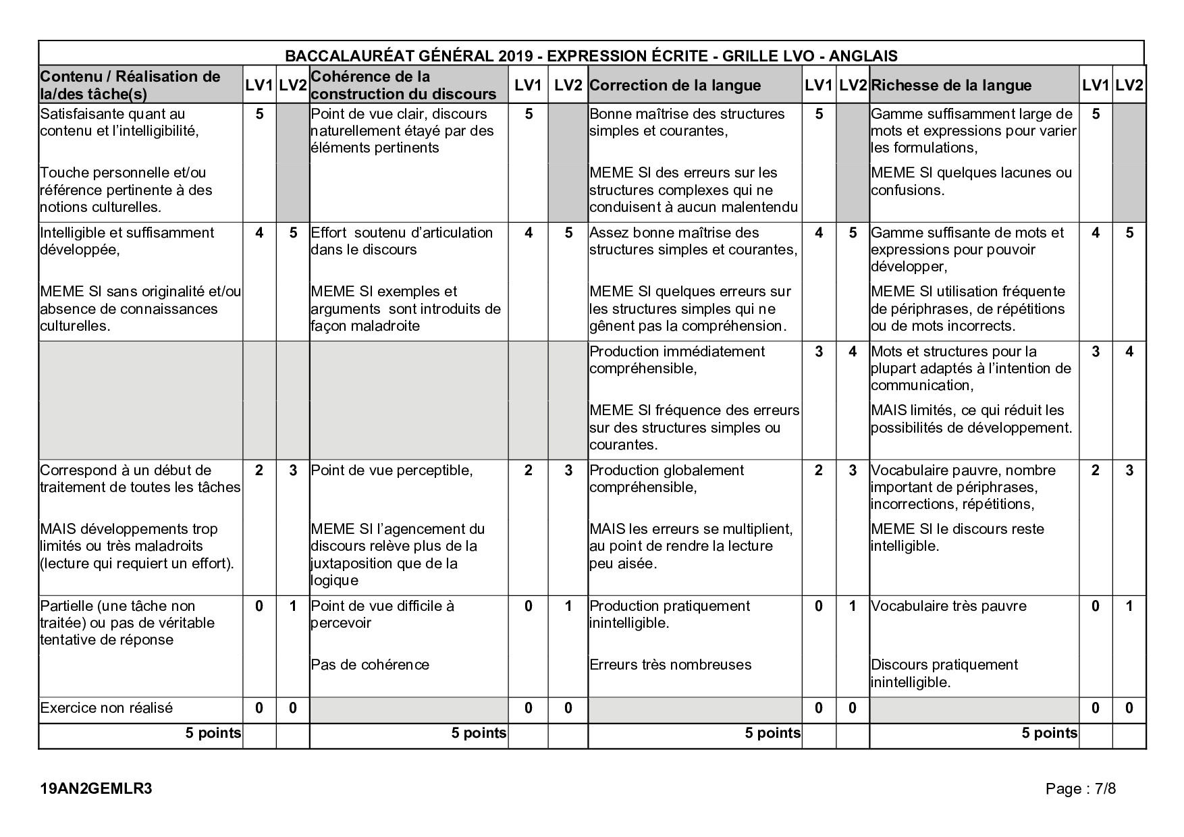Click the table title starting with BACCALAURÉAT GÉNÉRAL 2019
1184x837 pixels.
pyautogui.click(x=591, y=55)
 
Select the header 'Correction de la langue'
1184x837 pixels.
pyautogui.click(x=674, y=86)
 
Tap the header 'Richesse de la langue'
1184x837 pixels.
pyautogui.click(x=950, y=86)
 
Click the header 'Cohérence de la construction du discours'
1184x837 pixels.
pyautogui.click(x=403, y=85)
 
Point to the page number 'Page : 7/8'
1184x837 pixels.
pyautogui.click(x=1080, y=788)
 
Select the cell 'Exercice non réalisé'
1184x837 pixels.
pyautogui.click(x=107, y=708)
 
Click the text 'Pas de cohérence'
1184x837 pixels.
pyautogui.click(x=370, y=665)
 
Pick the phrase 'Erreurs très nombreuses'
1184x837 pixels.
pyautogui.click(x=670, y=665)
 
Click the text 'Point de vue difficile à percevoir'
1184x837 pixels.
pyautogui.click(x=382, y=614)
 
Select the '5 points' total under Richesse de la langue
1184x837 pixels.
pyautogui.click(x=1049, y=733)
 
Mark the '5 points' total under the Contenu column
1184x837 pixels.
pyautogui.click(x=213, y=733)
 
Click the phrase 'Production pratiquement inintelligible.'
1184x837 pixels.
pyautogui.click(x=670, y=614)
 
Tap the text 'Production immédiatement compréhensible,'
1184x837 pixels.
pyautogui.click(x=677, y=360)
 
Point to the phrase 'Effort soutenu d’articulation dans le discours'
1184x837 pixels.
pyautogui.click(x=402, y=241)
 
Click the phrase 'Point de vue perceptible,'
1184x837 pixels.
pyautogui.click(x=392, y=470)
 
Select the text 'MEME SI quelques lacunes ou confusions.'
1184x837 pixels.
pyautogui.click(x=971, y=182)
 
